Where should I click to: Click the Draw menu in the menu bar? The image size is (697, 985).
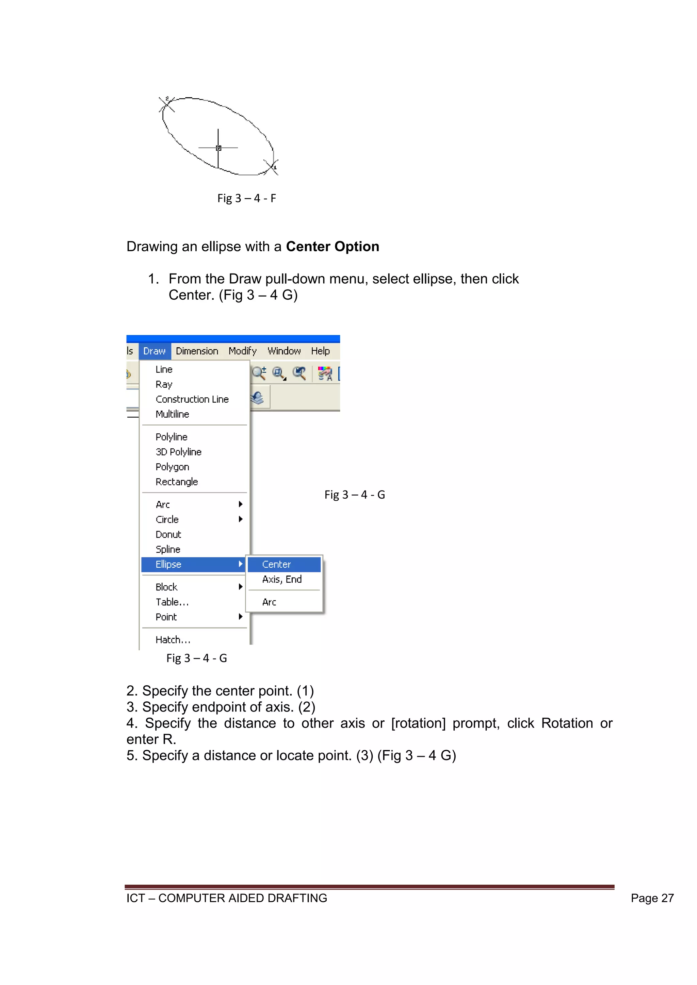click(x=155, y=351)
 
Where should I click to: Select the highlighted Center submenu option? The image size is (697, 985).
click(x=276, y=564)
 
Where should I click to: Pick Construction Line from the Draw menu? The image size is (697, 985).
click(x=192, y=399)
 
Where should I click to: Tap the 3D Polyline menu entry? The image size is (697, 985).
click(x=179, y=452)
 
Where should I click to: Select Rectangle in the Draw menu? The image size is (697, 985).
click(x=176, y=482)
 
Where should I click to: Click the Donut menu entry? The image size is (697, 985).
click(x=168, y=534)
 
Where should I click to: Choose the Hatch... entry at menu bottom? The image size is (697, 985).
click(x=173, y=640)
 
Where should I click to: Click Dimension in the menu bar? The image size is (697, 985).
click(x=197, y=351)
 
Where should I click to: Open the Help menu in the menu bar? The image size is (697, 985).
click(x=320, y=351)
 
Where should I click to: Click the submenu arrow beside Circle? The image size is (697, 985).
click(x=240, y=519)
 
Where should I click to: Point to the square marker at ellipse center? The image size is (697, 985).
click(x=218, y=148)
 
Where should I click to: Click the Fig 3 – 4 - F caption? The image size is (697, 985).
click(x=246, y=198)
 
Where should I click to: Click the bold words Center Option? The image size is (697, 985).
click(x=332, y=247)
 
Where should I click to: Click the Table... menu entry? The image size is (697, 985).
click(x=172, y=602)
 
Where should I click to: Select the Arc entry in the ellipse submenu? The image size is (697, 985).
click(x=269, y=602)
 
